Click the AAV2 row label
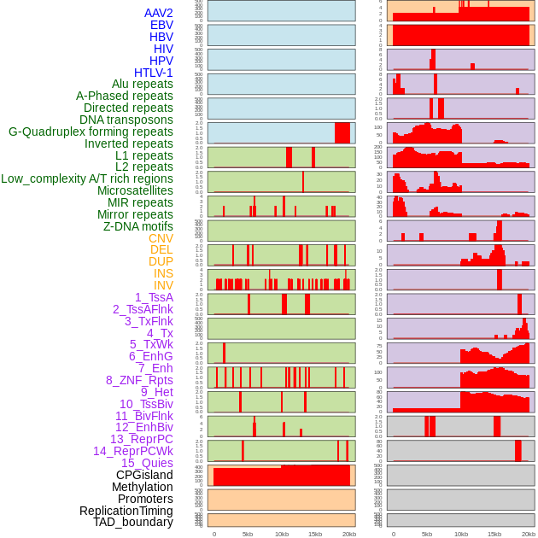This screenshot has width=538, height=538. (x=158, y=13)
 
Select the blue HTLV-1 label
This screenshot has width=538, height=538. (x=153, y=73)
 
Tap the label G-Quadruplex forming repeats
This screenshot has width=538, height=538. (x=91, y=132)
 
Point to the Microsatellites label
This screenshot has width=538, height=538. (x=135, y=190)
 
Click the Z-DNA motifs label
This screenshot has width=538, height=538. (x=137, y=226)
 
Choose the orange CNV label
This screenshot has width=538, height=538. (x=161, y=238)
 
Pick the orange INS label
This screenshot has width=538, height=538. (x=163, y=273)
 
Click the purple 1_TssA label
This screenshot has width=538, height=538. (x=154, y=297)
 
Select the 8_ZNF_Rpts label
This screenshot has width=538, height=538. (x=139, y=380)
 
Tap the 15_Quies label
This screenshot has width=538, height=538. (x=147, y=463)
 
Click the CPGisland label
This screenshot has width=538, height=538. (x=144, y=475)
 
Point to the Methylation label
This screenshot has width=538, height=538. (x=142, y=487)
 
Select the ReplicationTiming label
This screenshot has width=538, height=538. (x=126, y=511)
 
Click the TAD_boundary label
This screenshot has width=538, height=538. (x=133, y=522)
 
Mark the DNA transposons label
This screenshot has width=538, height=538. (x=126, y=120)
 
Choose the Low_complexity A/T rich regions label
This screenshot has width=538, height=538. (x=87, y=178)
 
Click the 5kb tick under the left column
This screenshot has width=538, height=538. (x=248, y=534)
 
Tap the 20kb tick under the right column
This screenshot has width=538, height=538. (x=529, y=534)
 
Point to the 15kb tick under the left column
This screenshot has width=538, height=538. (x=315, y=534)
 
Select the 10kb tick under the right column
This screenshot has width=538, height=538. (x=461, y=534)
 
